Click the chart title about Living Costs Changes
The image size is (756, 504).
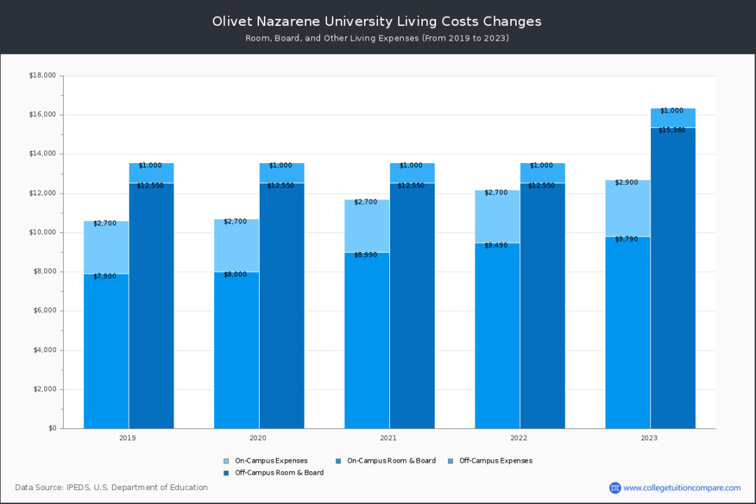point(377,21)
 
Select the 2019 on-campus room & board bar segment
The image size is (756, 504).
point(106,350)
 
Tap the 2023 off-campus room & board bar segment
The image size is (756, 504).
point(673,280)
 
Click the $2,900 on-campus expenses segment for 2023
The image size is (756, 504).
point(627,208)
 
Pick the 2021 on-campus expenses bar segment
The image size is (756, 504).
point(367,225)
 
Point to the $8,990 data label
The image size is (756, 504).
point(366,255)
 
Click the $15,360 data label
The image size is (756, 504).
point(672,130)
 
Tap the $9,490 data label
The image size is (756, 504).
point(497,245)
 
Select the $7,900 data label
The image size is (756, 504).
point(105,276)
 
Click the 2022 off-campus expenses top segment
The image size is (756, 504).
point(542,173)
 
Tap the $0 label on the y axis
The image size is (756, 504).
point(51,428)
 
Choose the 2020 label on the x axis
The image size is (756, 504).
point(258,438)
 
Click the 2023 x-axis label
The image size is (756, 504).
point(650,438)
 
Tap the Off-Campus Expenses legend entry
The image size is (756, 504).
point(496,461)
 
